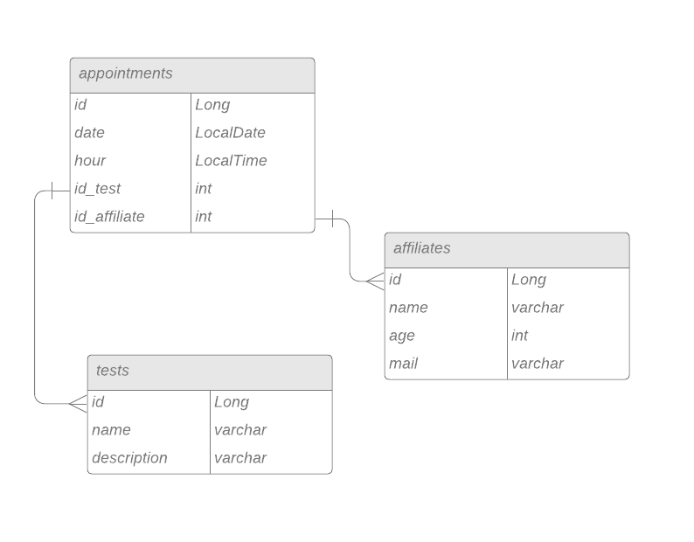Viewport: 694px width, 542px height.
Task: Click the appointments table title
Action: coord(126,73)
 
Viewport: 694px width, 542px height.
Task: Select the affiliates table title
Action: coord(422,248)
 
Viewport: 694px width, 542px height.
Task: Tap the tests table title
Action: coord(113,371)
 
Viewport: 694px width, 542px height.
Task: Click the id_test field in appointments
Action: coord(98,189)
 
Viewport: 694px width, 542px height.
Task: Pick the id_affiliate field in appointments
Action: coord(109,217)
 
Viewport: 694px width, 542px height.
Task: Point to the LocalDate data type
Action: coord(230,133)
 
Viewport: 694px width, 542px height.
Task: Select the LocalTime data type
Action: coord(231,161)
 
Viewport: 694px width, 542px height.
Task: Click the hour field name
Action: coord(90,161)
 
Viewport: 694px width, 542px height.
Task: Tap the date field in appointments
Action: coord(89,133)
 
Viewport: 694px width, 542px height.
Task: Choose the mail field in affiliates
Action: coord(404,364)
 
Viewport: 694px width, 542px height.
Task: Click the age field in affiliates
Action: coord(402,336)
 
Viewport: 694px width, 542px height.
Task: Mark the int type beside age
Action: coord(520,336)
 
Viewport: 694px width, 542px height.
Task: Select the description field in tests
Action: coord(129,458)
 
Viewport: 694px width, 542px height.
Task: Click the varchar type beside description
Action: coord(240,458)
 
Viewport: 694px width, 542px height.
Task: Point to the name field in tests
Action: coord(111,430)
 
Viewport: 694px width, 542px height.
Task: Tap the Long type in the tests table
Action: coord(232,402)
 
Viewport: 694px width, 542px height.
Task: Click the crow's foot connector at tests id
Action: coord(78,404)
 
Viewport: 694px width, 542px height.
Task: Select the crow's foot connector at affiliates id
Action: coord(375,281)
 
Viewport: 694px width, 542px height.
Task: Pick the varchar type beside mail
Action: coord(538,364)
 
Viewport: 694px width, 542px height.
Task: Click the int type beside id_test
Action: coord(204,189)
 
